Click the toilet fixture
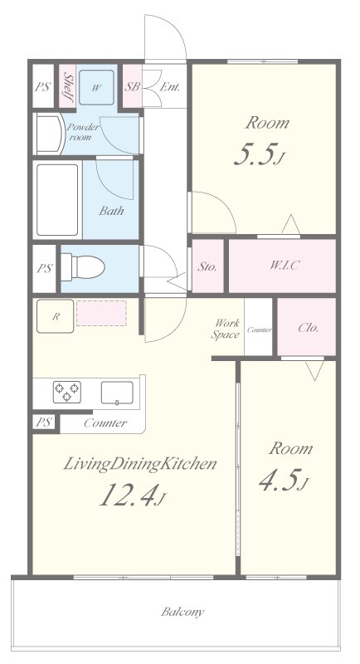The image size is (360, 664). click(x=83, y=267)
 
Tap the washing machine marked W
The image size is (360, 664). click(x=96, y=88)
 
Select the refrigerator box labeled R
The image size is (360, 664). click(x=55, y=316)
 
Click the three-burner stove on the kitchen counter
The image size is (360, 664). click(x=67, y=392)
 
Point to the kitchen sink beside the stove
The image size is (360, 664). click(x=117, y=393)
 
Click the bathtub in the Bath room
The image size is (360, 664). click(x=57, y=199)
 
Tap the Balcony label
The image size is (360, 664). click(x=182, y=612)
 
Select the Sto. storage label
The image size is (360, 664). click(x=207, y=266)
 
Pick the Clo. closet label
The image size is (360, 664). click(x=309, y=328)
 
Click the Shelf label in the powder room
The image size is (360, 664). click(x=68, y=87)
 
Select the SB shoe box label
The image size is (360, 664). click(x=132, y=87)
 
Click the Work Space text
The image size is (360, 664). click(x=226, y=329)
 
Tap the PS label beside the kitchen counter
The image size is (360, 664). click(x=44, y=422)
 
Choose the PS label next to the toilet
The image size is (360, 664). click(x=44, y=268)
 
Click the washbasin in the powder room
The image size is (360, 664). click(x=50, y=134)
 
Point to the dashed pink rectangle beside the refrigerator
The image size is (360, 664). click(x=101, y=314)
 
